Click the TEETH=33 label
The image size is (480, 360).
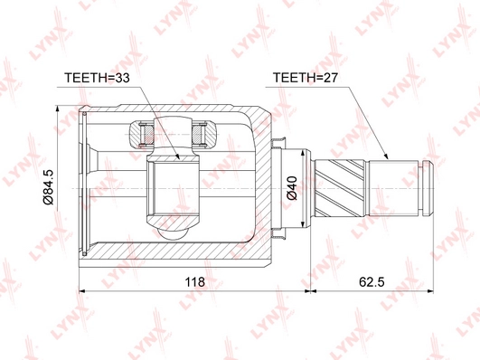97,78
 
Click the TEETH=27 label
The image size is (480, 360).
306,78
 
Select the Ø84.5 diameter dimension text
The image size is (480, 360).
49,187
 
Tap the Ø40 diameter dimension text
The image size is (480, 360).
292,188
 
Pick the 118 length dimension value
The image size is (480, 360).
195,281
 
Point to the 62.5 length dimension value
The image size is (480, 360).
372,281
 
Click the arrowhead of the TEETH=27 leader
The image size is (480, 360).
386,156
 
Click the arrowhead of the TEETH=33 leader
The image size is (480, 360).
177,156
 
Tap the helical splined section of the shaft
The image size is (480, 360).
340,188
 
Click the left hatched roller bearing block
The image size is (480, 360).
140,134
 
